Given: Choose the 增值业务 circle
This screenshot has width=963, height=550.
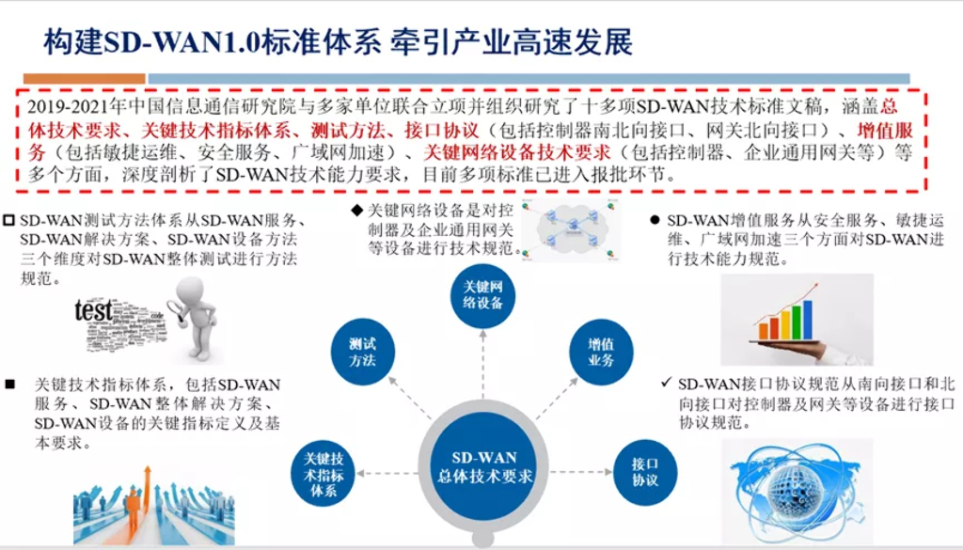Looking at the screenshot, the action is click(602, 352).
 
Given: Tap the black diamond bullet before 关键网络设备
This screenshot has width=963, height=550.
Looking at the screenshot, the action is click(356, 210).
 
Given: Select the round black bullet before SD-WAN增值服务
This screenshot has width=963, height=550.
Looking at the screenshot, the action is click(655, 220).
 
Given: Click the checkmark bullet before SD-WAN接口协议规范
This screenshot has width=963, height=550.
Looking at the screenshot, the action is click(666, 383).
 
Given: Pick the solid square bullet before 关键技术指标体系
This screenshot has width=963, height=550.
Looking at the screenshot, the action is click(10, 385).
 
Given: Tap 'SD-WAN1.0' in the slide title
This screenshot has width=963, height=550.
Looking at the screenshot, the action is click(157, 41).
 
